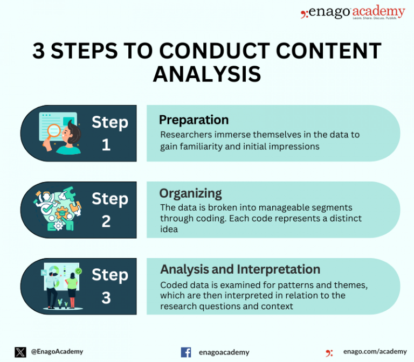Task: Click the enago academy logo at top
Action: click(x=353, y=12)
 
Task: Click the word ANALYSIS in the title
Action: click(x=207, y=74)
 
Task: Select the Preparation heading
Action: click(x=194, y=120)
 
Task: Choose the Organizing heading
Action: click(x=190, y=193)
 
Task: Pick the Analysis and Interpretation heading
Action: click(x=240, y=269)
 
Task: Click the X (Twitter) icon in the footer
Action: click(x=20, y=352)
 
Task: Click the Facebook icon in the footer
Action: click(x=186, y=352)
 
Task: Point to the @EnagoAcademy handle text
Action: click(x=57, y=352)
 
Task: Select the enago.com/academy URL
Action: click(x=375, y=352)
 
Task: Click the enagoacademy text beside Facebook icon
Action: click(x=225, y=352)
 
